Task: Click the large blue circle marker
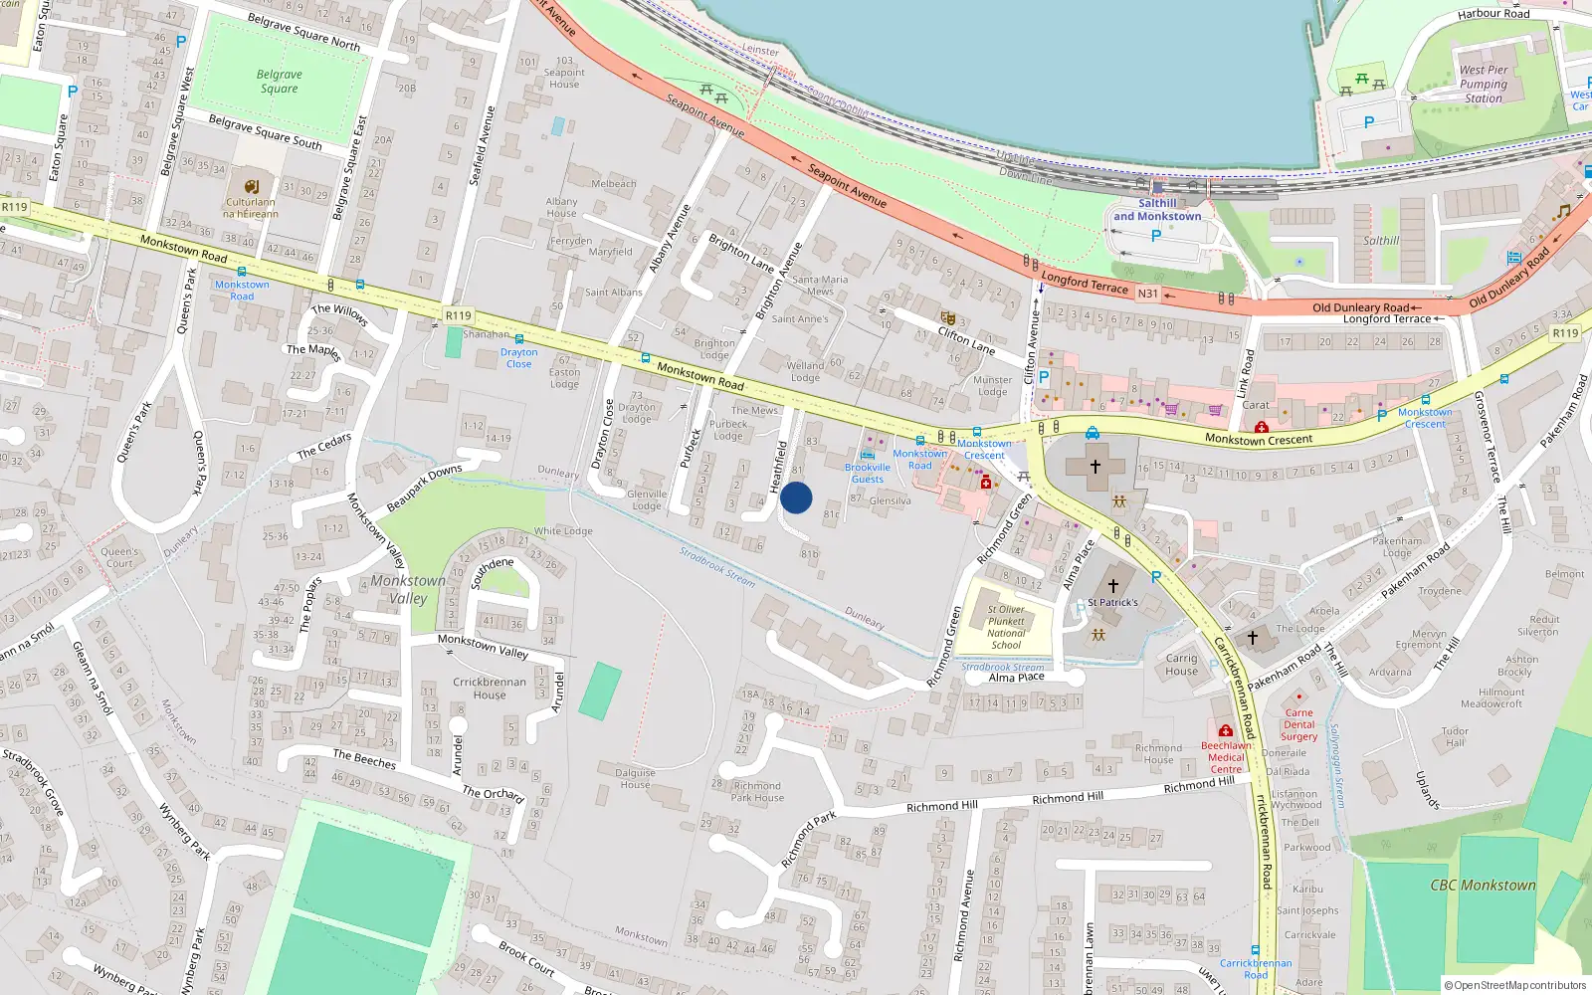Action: click(x=796, y=497)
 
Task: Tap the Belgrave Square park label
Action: click(x=279, y=82)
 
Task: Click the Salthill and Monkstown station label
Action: click(x=1157, y=209)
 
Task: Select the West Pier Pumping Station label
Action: click(x=1484, y=85)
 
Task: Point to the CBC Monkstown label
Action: click(x=1483, y=885)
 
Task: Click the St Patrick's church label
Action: click(x=1112, y=602)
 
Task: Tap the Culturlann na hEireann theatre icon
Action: click(x=252, y=186)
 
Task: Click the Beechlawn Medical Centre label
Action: click(x=1226, y=757)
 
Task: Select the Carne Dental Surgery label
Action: click(x=1298, y=724)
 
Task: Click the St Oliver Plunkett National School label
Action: click(x=1006, y=627)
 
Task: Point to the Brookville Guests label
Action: click(x=868, y=473)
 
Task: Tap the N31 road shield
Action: click(x=1147, y=294)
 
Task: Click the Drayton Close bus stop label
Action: click(x=518, y=358)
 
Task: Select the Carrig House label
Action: click(x=1182, y=665)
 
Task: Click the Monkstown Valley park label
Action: click(x=408, y=589)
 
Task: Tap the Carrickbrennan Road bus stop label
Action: click(x=1256, y=968)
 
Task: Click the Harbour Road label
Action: click(x=1493, y=14)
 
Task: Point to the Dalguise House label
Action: click(x=635, y=778)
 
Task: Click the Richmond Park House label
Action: click(x=757, y=791)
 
